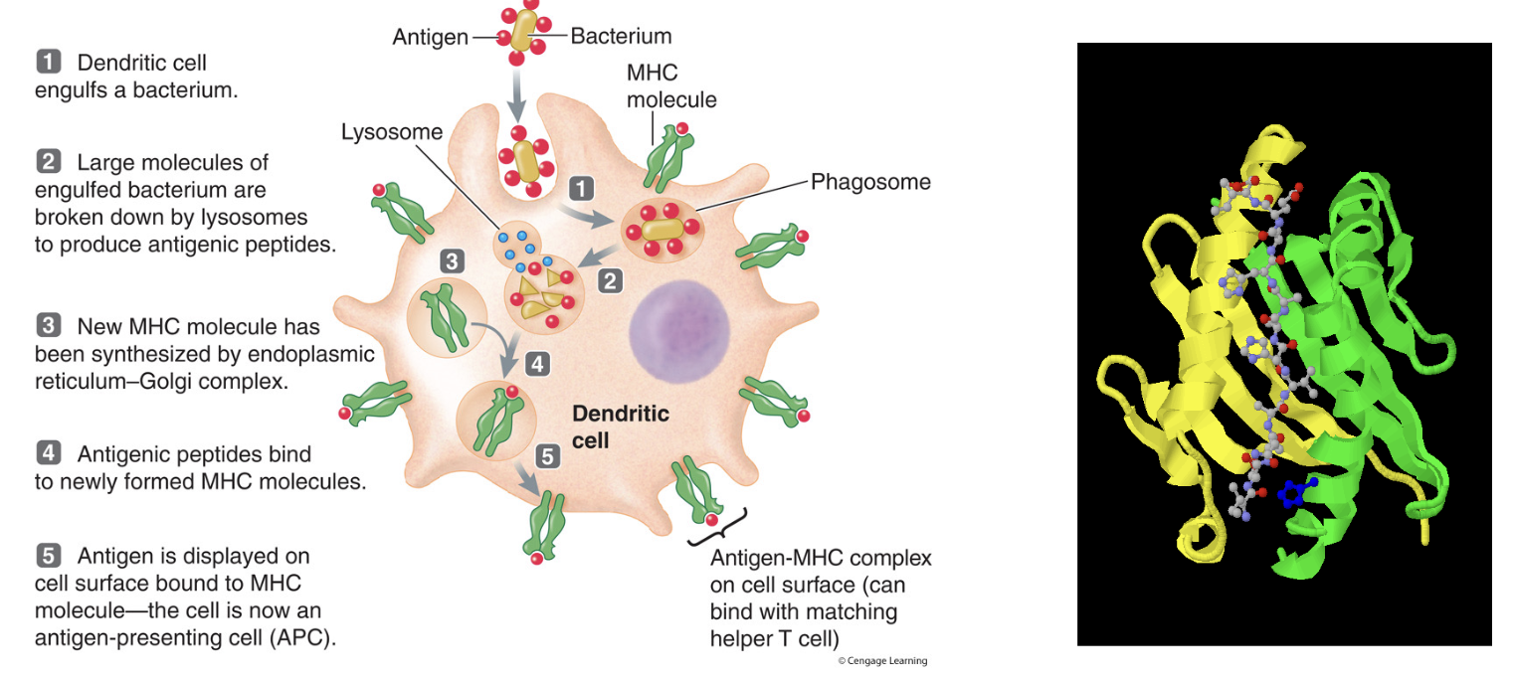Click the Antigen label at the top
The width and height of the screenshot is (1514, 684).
click(431, 37)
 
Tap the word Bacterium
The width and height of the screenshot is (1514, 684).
click(621, 37)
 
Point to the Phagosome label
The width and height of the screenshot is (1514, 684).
click(870, 182)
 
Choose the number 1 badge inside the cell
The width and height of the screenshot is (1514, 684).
click(580, 187)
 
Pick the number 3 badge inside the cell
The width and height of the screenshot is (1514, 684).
click(453, 261)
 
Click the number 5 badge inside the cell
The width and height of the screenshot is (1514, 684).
click(548, 456)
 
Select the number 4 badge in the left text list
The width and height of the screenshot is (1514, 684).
click(49, 454)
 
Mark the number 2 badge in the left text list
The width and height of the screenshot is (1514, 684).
click(49, 161)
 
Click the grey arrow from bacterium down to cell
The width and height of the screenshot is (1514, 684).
click(517, 95)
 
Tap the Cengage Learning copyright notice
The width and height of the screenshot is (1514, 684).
click(882, 661)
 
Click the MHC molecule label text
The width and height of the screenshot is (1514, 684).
click(670, 86)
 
